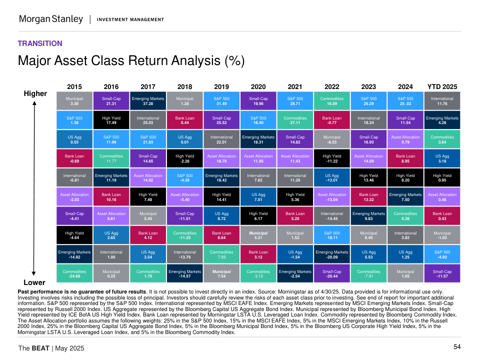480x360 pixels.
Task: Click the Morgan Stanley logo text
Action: click(x=50, y=19)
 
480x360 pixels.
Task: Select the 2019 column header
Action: click(x=221, y=86)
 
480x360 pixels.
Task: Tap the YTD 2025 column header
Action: click(x=442, y=86)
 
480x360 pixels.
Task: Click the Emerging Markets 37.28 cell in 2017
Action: click(x=148, y=101)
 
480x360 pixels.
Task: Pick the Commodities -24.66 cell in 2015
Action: click(x=74, y=273)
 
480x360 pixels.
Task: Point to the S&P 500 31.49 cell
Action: click(x=221, y=101)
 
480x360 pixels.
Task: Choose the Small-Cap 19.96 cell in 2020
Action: click(x=258, y=101)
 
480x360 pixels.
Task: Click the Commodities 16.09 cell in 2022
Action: click(x=332, y=101)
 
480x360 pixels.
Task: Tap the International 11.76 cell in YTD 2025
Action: click(x=442, y=101)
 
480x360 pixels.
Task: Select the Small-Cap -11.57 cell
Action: click(x=442, y=273)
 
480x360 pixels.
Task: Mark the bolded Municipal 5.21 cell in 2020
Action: click(x=258, y=235)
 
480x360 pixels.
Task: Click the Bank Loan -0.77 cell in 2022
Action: click(x=332, y=120)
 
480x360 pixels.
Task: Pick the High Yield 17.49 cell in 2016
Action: click(x=111, y=120)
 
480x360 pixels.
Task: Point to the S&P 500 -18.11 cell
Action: click(x=332, y=235)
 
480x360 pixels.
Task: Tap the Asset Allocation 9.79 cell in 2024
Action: click(x=405, y=139)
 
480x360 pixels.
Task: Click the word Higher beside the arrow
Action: click(x=35, y=93)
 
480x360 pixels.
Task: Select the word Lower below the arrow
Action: click(x=34, y=282)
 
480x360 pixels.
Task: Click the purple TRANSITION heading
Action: click(x=40, y=43)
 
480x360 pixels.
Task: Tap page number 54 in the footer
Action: click(x=457, y=347)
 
